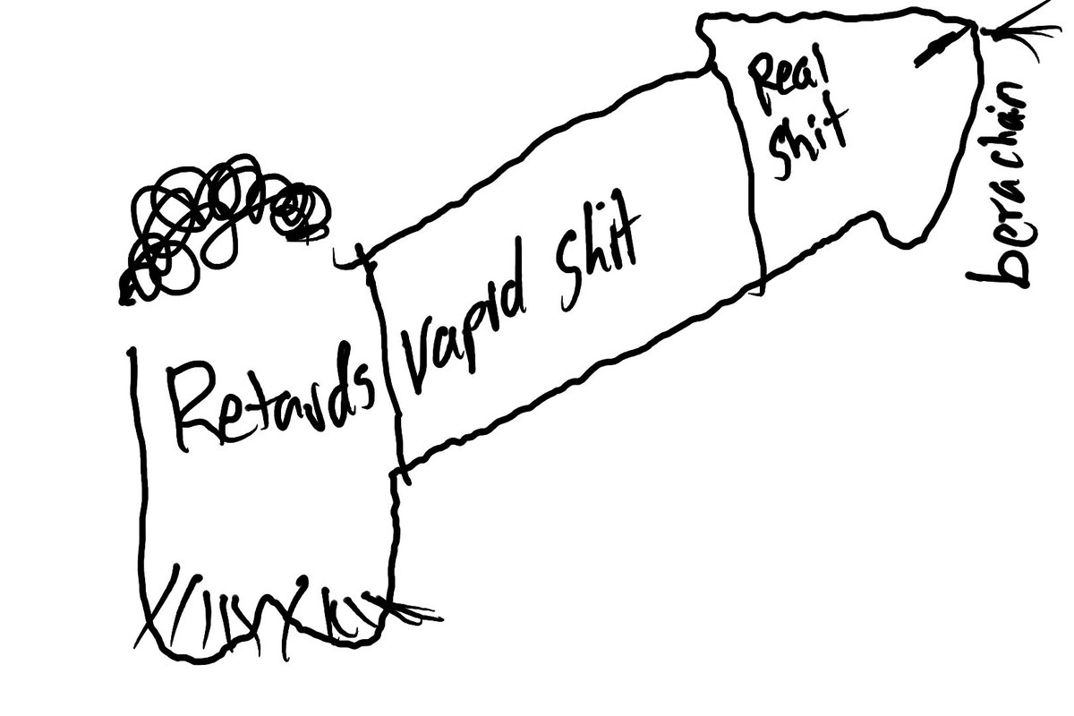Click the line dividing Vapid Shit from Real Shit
752,170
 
